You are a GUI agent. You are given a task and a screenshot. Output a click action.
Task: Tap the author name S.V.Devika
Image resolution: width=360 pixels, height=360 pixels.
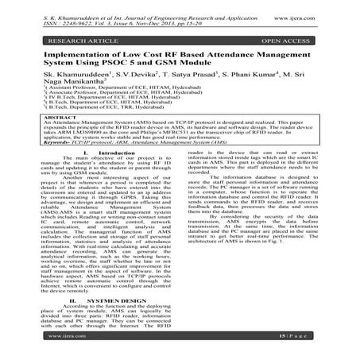click(x=137, y=82)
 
